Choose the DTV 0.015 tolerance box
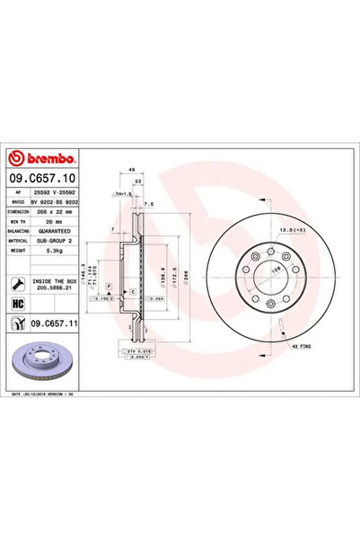click(x=128, y=351)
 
